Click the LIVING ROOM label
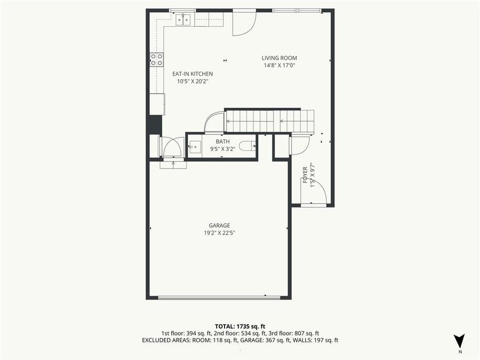point(279,58)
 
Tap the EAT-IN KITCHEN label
point(192,74)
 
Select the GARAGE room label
point(219,225)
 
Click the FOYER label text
point(305,175)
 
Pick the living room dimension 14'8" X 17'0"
point(279,66)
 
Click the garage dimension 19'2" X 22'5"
point(219,233)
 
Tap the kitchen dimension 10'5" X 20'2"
point(192,82)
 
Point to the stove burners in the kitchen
point(156,60)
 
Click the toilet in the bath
point(247,146)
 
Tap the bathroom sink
point(194,146)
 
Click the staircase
point(270,121)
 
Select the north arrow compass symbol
point(459,341)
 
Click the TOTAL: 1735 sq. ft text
point(240,325)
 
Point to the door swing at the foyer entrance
point(315,194)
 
